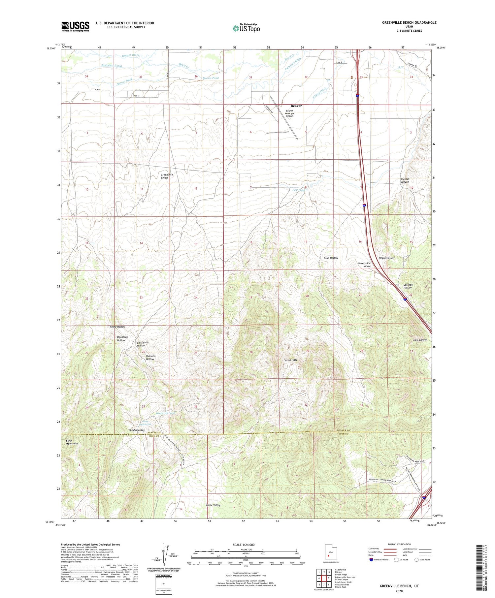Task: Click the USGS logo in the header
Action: (75, 26)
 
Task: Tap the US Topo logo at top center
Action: (246, 28)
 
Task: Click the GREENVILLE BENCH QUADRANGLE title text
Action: (409, 22)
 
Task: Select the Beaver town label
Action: (296, 106)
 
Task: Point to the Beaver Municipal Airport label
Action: (289, 113)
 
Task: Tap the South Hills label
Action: (290, 360)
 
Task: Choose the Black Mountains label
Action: (72, 442)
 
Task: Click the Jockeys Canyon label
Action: (405, 180)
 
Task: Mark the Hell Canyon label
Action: (420, 340)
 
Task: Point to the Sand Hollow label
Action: (331, 258)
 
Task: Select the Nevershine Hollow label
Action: (364, 265)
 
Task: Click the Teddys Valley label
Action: (137, 430)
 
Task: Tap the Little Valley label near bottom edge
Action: (213, 505)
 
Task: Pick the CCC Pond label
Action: (298, 190)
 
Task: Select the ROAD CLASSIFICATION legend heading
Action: (399, 544)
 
